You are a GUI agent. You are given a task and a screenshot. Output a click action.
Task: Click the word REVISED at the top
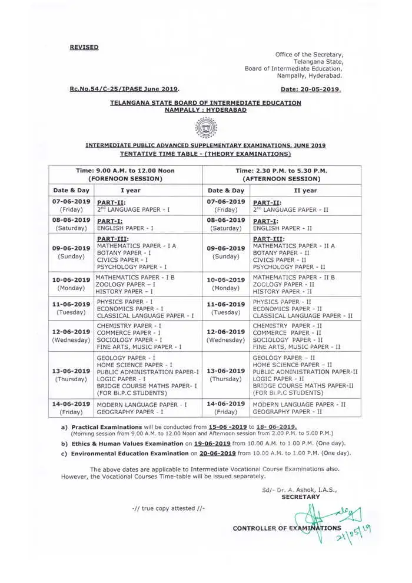(84, 47)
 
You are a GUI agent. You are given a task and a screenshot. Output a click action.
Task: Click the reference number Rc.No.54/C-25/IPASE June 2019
(124, 89)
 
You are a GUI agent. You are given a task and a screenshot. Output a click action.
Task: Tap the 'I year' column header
(130, 191)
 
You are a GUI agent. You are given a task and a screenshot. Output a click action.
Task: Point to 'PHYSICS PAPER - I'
(125, 301)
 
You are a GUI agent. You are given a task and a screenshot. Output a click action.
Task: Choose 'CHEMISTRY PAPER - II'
(287, 325)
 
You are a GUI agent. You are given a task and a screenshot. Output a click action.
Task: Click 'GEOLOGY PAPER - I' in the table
(126, 358)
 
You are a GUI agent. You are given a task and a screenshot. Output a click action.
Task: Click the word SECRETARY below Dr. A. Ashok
(301, 497)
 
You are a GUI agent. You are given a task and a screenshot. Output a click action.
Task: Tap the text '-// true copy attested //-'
(168, 508)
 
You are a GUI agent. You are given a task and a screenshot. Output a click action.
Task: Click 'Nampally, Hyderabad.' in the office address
(310, 75)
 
